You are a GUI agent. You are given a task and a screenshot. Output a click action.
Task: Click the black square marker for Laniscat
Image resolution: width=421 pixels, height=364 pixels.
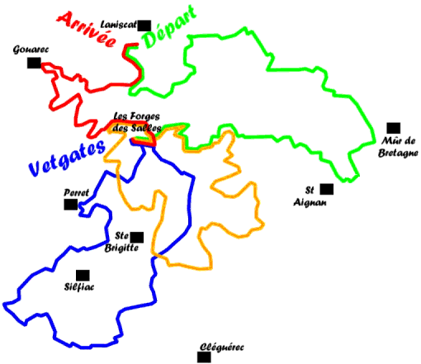[x=144, y=26]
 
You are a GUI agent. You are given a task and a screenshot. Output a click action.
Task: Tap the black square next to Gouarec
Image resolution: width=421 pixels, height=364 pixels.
[x=34, y=63]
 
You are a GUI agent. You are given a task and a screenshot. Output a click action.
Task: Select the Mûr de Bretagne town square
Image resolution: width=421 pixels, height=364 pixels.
[x=394, y=128]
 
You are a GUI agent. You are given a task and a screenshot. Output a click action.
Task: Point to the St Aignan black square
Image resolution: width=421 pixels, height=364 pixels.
[x=327, y=189]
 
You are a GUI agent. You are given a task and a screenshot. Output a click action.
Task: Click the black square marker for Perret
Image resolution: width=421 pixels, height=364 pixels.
[x=71, y=205]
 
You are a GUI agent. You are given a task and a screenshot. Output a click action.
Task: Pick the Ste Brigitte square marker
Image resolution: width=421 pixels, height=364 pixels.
[x=137, y=237]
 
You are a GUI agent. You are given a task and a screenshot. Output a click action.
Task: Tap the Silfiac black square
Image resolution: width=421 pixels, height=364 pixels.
[x=83, y=276]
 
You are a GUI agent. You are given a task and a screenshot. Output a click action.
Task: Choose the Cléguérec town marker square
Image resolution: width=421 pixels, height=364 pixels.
[x=204, y=357]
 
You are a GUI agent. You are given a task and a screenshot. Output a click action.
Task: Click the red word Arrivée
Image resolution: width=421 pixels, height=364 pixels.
[x=87, y=29]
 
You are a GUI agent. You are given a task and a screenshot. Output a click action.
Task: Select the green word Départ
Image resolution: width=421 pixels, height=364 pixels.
[x=169, y=26]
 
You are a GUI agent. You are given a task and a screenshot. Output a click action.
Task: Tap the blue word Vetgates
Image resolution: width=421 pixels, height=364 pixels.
[x=67, y=158]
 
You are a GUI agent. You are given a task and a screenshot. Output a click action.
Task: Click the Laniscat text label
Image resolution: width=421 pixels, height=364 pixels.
[x=119, y=25]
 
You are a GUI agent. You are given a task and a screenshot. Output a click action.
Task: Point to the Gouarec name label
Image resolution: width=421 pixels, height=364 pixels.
[x=31, y=50]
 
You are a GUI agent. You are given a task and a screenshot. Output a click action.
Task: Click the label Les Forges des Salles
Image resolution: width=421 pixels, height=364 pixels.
[x=137, y=122]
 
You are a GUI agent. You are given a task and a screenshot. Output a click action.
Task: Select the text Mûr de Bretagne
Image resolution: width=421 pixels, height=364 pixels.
[x=398, y=147]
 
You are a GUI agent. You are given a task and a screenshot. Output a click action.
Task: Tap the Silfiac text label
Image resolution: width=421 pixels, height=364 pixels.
[x=79, y=287]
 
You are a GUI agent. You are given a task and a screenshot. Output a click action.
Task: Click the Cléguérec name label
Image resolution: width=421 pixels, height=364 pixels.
[x=222, y=347]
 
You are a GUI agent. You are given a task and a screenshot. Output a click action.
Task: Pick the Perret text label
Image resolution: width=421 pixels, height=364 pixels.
[x=76, y=192]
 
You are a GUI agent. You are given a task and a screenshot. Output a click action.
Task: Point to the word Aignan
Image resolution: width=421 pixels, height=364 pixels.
[x=310, y=202]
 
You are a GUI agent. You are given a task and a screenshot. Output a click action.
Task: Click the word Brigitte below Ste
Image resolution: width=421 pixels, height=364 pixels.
[x=121, y=248]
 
